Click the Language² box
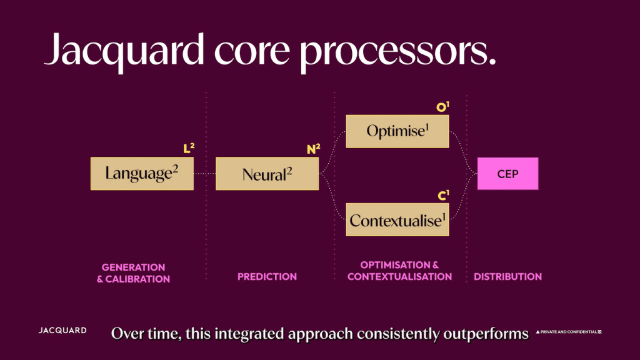(x=142, y=173)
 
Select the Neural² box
(x=267, y=173)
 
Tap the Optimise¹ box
(x=397, y=131)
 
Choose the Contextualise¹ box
(x=397, y=219)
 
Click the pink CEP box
(x=507, y=174)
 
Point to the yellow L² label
(x=189, y=149)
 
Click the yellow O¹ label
(x=443, y=107)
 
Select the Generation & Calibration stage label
(x=133, y=273)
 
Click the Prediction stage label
(x=267, y=276)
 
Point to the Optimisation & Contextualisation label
(x=399, y=271)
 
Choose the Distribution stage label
(x=507, y=276)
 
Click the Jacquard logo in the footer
(x=62, y=331)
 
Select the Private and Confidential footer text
(x=568, y=332)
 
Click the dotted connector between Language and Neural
(x=204, y=173)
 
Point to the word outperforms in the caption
(x=486, y=334)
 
